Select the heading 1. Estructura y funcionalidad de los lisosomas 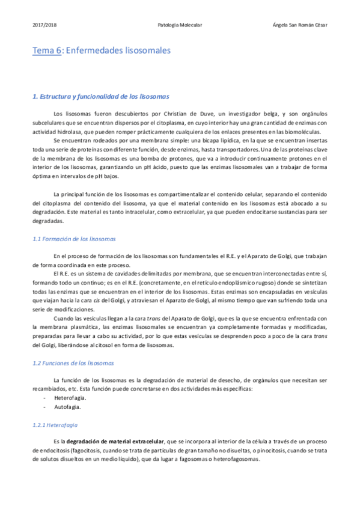click(101, 96)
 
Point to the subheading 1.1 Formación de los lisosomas click(74, 239)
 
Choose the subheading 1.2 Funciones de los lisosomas click(72, 364)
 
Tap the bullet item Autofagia click(67, 407)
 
